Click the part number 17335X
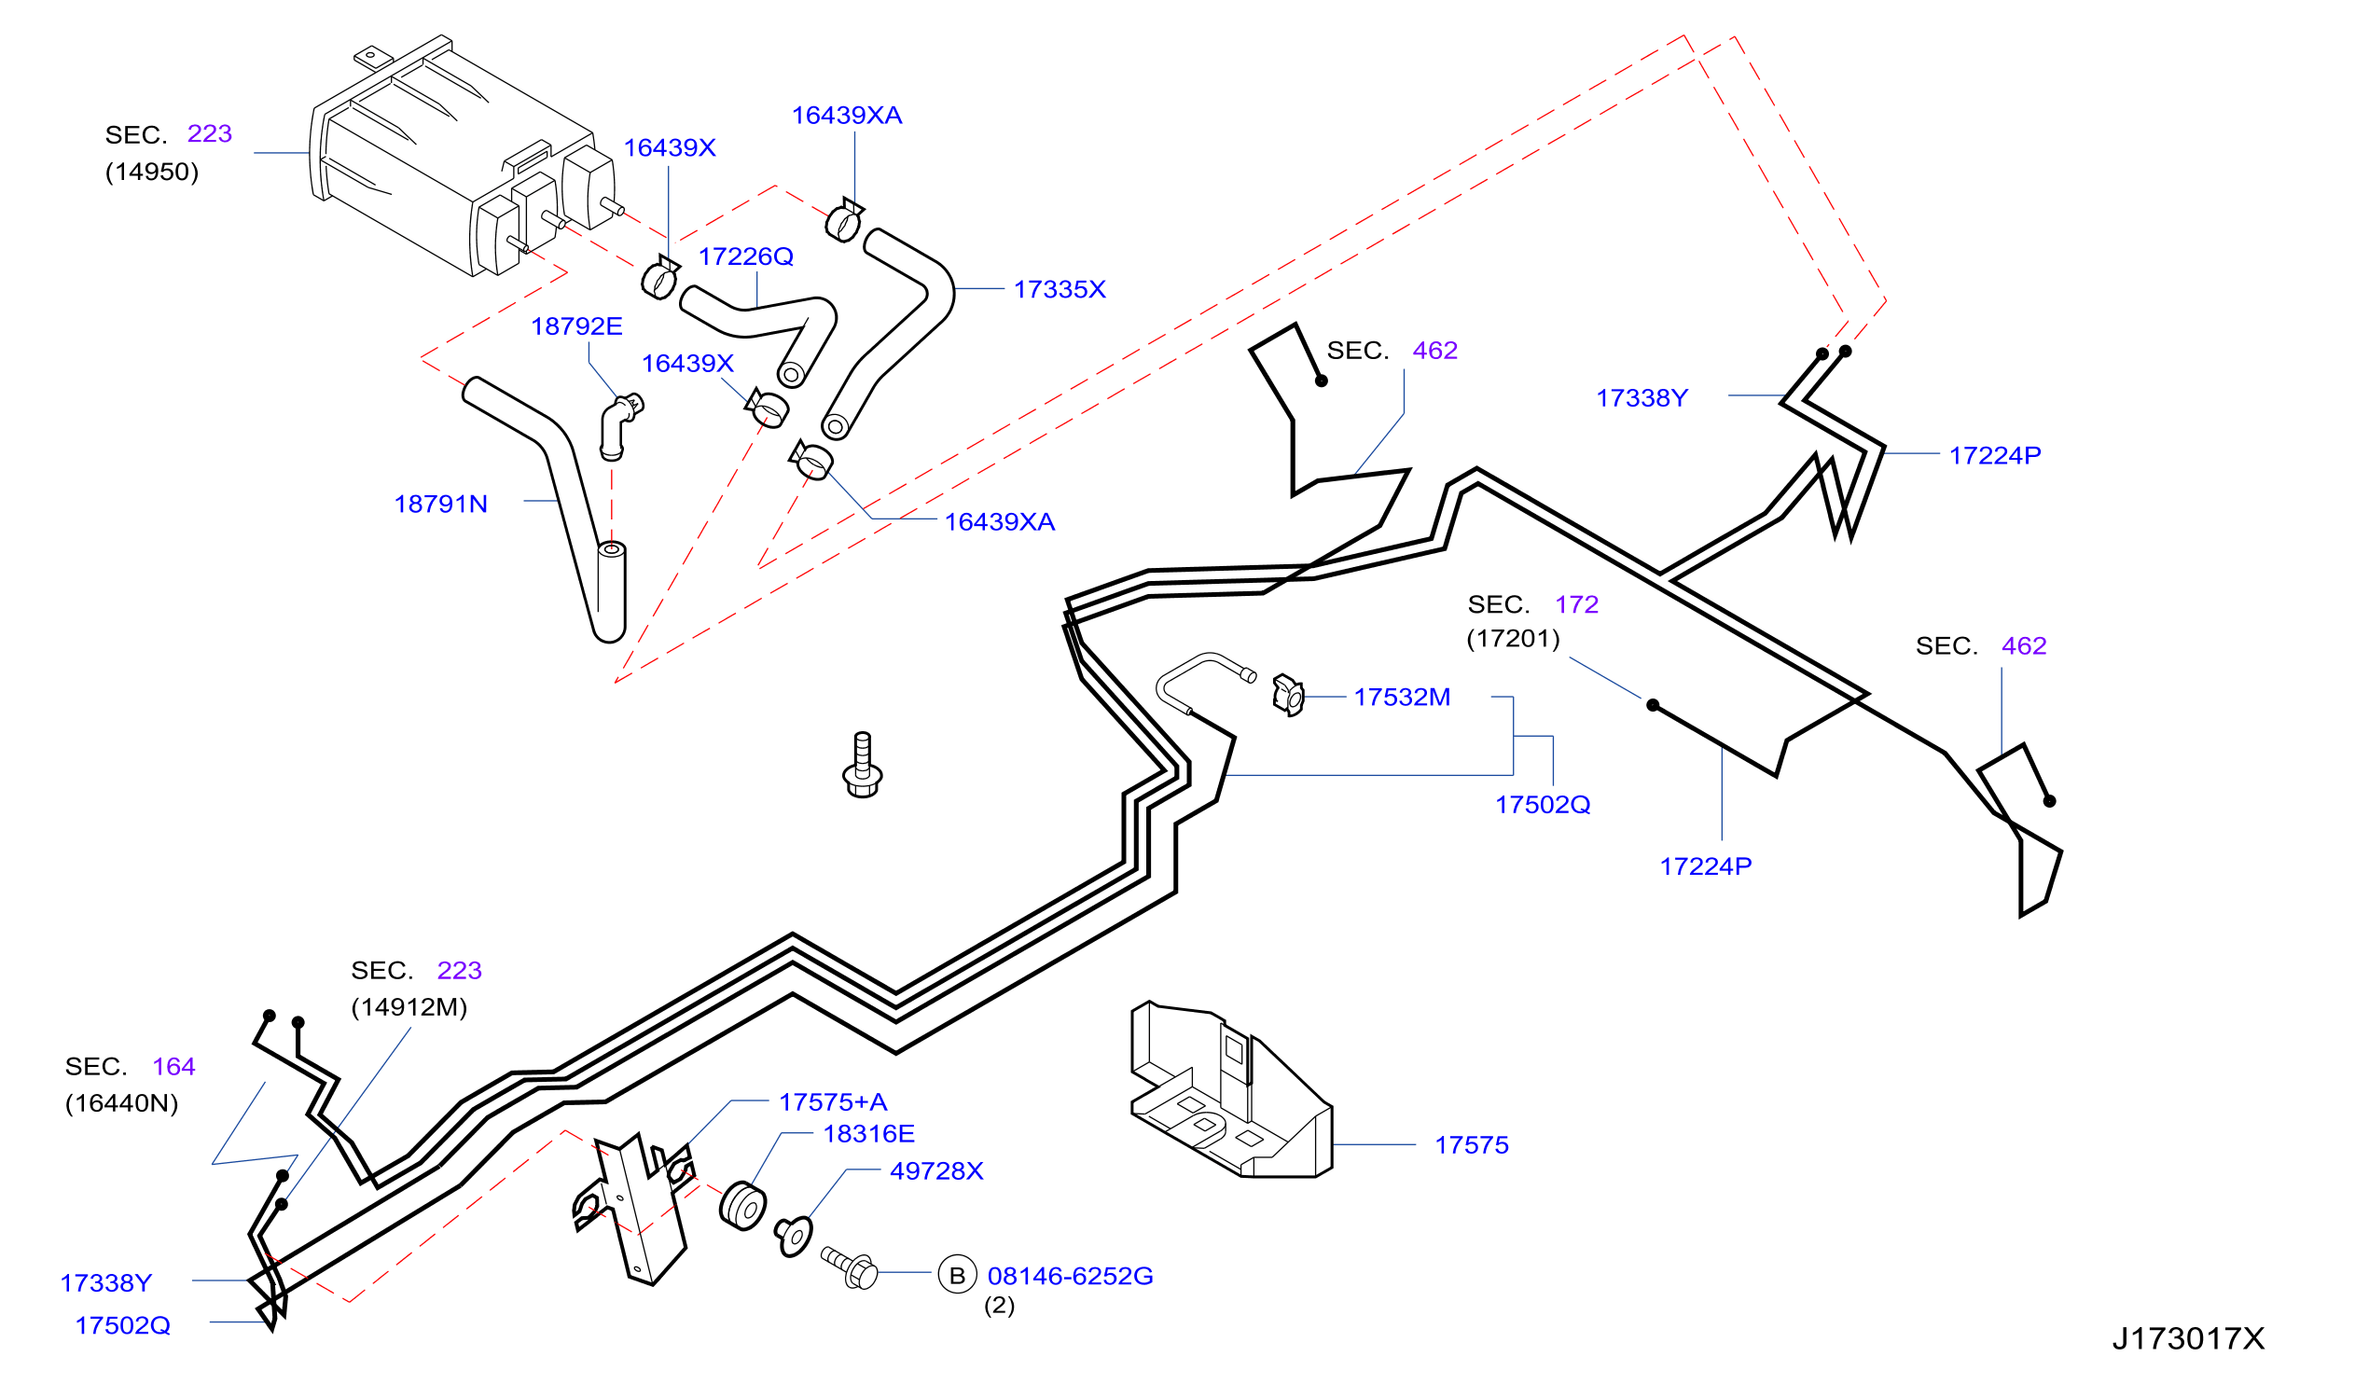coord(1059,290)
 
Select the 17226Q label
coord(746,257)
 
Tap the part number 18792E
coord(576,326)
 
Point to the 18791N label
coord(440,505)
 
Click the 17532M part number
coord(1402,698)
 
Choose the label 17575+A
coord(833,1102)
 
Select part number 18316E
coord(868,1134)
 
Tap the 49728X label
coord(936,1172)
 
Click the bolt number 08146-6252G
coord(1070,1277)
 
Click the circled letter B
coord(957,1275)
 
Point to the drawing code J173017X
coord(2189,1339)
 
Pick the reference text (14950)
coord(152,172)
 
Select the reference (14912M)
coord(409,1007)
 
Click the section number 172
coord(1576,604)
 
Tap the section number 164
coord(173,1067)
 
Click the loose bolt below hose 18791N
coord(862,766)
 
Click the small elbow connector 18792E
coord(619,427)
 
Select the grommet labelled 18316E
coord(743,1207)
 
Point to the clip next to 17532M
coord(1288,696)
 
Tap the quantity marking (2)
coord(999,1306)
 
